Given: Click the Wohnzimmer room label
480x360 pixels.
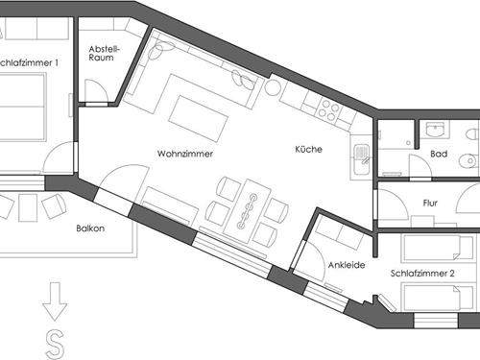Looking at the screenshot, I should click(185, 154).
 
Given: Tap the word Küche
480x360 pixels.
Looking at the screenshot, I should click(309, 150).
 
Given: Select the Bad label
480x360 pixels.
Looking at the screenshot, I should click(439, 154).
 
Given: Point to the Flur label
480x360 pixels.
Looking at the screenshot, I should click(437, 204).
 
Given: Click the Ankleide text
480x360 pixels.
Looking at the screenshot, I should click(347, 266).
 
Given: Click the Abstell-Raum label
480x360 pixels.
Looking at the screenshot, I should click(103, 55).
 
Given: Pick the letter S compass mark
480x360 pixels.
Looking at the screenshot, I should click(56, 342).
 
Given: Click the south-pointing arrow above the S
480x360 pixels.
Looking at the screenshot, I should click(55, 304).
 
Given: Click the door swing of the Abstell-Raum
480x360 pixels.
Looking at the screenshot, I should click(95, 92).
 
